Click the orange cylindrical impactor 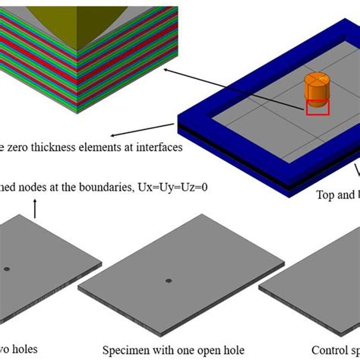[x=314, y=90]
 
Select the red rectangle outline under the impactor [x=317, y=107]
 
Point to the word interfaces [x=157, y=148]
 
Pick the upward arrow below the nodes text [x=36, y=205]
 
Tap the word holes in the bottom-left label [x=23, y=350]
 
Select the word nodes [x=38, y=186]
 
